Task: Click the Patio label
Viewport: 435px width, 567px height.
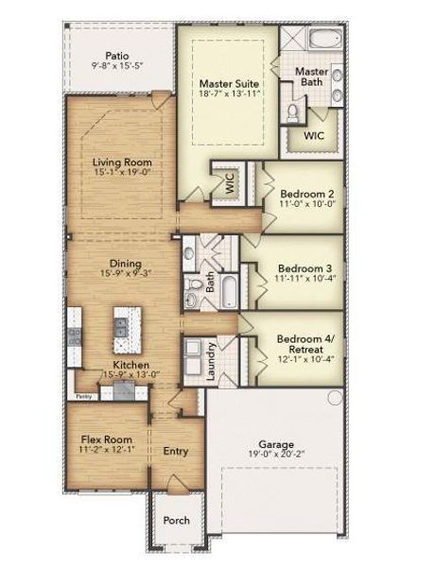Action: point(116,56)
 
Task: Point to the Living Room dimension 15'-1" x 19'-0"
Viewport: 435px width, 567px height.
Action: point(123,174)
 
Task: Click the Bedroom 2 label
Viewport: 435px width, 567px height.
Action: point(299,193)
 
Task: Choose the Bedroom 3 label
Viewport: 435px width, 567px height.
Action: point(299,267)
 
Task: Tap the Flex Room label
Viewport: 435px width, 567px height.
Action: point(105,439)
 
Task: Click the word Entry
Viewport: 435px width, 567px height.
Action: point(176,451)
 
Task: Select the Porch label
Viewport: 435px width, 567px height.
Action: point(177,520)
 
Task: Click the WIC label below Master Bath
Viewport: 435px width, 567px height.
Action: point(313,135)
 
